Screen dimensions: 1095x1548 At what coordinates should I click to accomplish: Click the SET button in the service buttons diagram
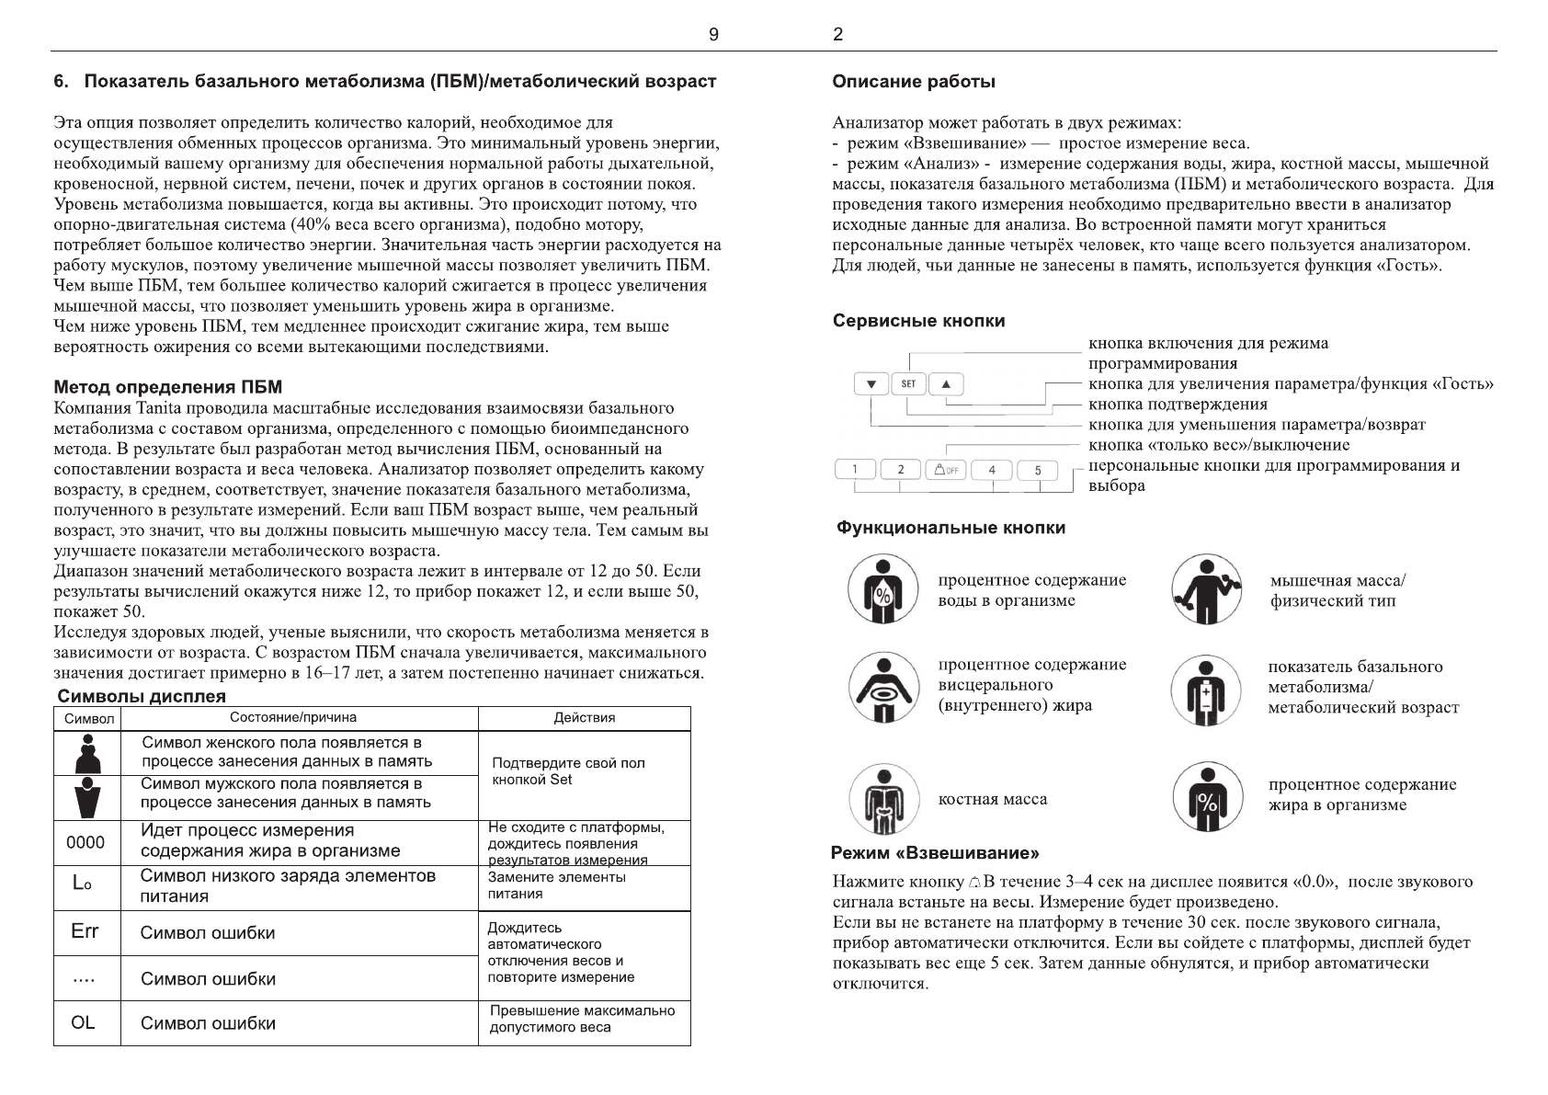[908, 384]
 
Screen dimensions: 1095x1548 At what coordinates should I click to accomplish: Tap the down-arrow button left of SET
[871, 384]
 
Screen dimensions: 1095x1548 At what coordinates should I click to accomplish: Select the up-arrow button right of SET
[946, 384]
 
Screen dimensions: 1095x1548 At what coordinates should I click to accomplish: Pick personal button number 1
[855, 470]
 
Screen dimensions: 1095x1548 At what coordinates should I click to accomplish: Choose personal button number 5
[1038, 470]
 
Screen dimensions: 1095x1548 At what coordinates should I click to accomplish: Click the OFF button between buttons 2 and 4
[946, 470]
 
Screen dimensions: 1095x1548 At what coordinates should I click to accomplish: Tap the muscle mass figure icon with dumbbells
[1207, 589]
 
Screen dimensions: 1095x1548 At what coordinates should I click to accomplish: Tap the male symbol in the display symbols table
[87, 797]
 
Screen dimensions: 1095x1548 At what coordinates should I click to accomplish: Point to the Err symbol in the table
[85, 932]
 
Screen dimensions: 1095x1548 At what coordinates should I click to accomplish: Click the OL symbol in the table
[83, 1022]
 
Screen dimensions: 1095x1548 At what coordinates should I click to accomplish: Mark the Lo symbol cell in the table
[82, 884]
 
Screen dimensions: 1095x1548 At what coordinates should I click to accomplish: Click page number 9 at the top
[713, 35]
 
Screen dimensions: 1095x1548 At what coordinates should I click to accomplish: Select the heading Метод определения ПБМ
[168, 386]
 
